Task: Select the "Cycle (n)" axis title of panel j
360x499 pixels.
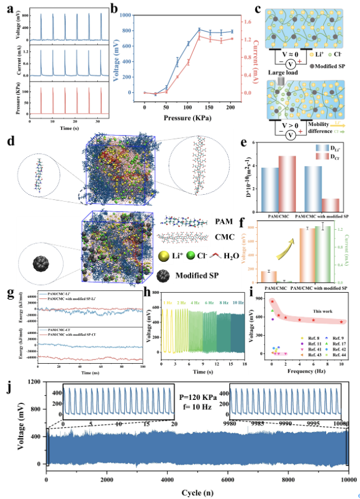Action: pyautogui.click(x=198, y=491)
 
